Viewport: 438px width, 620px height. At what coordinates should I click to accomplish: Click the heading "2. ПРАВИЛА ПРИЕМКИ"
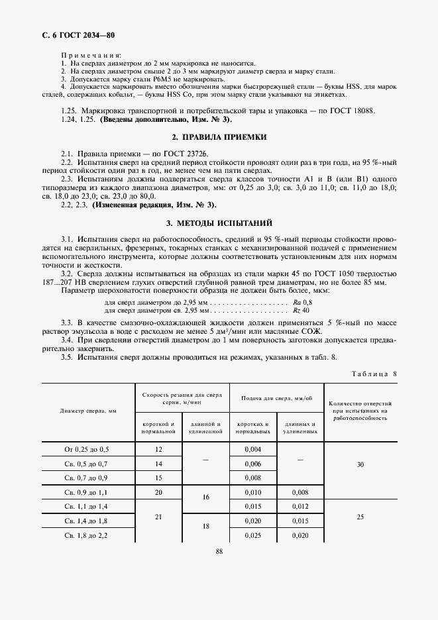[219, 137]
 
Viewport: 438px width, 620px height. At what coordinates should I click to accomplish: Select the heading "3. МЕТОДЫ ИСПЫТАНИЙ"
[219, 223]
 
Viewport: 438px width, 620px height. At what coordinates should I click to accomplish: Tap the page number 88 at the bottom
[219, 550]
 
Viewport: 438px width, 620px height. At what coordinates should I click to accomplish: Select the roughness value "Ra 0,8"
[301, 303]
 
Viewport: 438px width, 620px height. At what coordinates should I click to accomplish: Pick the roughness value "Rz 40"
[301, 310]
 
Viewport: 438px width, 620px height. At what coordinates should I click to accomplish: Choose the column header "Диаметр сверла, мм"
[88, 411]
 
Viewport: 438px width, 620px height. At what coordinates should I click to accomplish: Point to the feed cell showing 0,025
[253, 535]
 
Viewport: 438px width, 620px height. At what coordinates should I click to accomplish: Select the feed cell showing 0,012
[300, 506]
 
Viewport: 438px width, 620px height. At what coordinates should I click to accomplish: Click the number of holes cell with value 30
[360, 464]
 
